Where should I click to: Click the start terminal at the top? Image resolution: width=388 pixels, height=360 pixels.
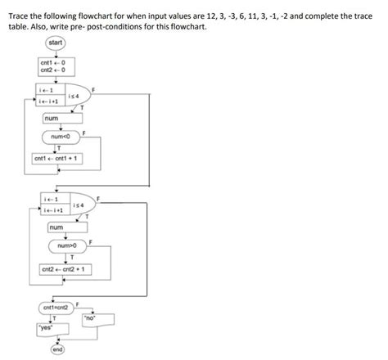pyautogui.click(x=56, y=42)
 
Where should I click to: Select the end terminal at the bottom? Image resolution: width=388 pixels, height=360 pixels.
pyautogui.click(x=57, y=349)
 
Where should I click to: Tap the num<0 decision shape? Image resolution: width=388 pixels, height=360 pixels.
pyautogui.click(x=62, y=136)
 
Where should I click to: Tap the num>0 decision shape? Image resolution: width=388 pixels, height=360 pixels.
pyautogui.click(x=67, y=245)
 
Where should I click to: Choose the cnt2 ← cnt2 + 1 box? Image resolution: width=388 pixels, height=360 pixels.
pyautogui.click(x=66, y=268)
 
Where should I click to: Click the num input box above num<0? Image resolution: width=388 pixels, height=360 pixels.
pyautogui.click(x=55, y=117)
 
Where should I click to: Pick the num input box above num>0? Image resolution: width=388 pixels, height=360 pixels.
pyautogui.click(x=56, y=227)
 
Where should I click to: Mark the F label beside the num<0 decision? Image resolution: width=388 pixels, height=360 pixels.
pyautogui.click(x=83, y=130)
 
